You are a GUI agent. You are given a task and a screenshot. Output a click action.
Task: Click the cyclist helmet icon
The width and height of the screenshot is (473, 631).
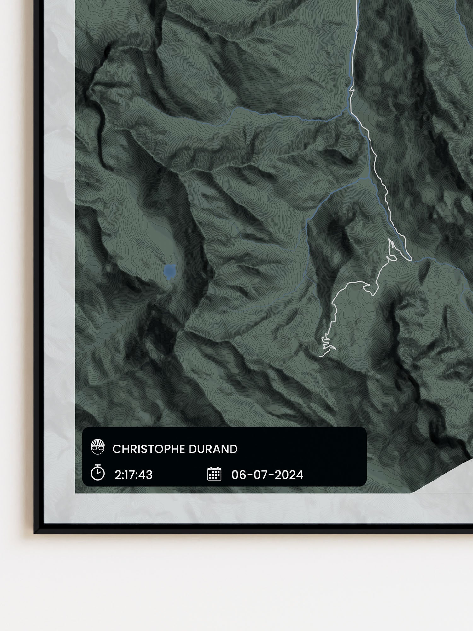pyautogui.click(x=97, y=447)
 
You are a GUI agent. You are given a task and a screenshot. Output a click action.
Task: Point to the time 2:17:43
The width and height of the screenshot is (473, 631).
pyautogui.click(x=133, y=475)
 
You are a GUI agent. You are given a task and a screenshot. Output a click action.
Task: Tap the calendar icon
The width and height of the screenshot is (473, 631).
pyautogui.click(x=214, y=474)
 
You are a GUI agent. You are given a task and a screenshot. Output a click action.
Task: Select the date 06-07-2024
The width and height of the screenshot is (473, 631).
pyautogui.click(x=267, y=475)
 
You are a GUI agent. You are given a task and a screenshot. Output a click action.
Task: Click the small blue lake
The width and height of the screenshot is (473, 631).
pyautogui.click(x=170, y=271)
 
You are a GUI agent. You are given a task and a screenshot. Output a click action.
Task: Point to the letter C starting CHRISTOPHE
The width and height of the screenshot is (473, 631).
pyautogui.click(x=116, y=449)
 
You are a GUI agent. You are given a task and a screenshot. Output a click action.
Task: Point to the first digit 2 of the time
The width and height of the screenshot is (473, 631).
pyautogui.click(x=118, y=475)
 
